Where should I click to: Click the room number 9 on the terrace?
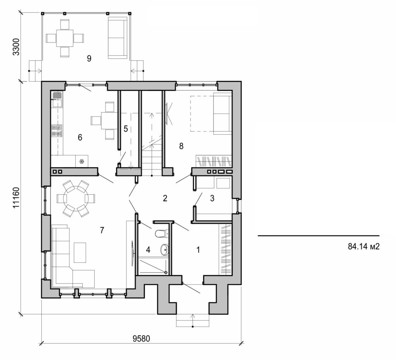(x=89, y=58)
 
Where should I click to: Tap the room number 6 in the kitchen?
(x=80, y=137)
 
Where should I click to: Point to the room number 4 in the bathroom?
(x=148, y=250)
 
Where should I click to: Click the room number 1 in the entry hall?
(x=198, y=250)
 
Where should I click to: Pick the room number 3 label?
(x=212, y=198)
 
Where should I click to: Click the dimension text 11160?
(x=16, y=198)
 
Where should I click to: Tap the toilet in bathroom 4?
(x=160, y=233)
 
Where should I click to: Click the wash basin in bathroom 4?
(x=165, y=250)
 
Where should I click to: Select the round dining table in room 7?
(x=76, y=199)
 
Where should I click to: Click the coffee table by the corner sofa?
(x=80, y=252)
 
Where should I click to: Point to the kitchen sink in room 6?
(x=56, y=99)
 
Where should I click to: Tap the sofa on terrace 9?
(x=118, y=38)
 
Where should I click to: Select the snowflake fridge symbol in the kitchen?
(x=82, y=161)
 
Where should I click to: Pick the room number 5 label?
(x=126, y=129)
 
